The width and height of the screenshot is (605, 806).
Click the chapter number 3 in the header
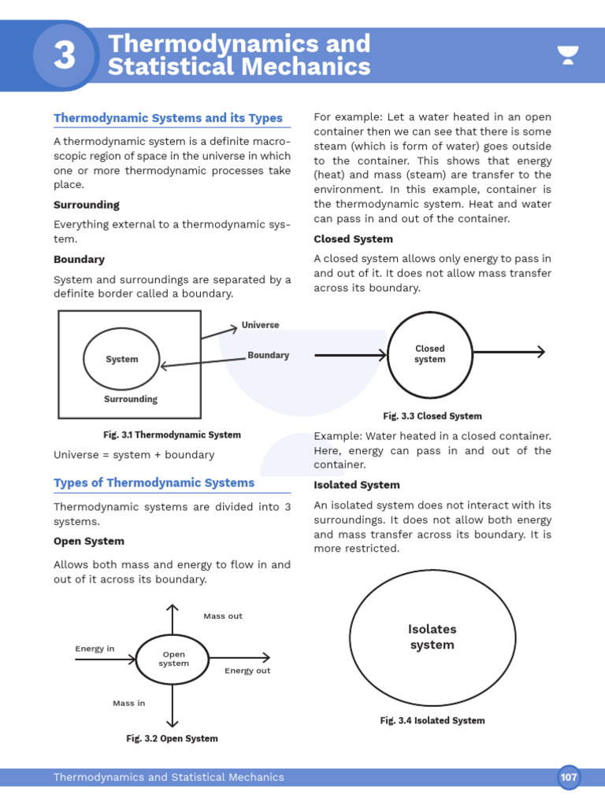(65, 55)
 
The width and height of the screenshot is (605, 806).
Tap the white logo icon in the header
(567, 55)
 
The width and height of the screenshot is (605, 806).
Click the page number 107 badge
(569, 777)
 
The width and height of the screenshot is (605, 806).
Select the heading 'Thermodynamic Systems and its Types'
(168, 118)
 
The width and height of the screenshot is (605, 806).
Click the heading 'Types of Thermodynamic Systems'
(154, 482)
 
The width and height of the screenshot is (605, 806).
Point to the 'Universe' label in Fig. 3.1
(260, 325)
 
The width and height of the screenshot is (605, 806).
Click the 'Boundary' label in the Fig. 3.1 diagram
(268, 355)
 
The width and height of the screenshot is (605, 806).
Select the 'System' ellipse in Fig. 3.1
(121, 359)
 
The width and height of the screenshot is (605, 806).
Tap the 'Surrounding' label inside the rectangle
(131, 399)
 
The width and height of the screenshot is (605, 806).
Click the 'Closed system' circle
(429, 354)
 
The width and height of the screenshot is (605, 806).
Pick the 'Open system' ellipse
(173, 659)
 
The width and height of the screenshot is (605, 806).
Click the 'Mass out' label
(223, 616)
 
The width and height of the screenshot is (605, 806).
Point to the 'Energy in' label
(95, 649)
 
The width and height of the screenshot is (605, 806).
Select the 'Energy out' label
(247, 671)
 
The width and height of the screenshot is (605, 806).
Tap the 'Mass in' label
(129, 703)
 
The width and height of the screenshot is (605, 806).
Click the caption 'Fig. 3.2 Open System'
(172, 738)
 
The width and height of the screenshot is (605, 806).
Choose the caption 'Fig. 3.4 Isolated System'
(432, 720)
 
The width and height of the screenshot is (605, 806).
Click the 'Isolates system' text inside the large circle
(432, 637)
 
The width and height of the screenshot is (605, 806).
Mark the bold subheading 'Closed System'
(353, 239)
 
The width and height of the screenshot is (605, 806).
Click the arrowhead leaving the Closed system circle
(540, 352)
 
